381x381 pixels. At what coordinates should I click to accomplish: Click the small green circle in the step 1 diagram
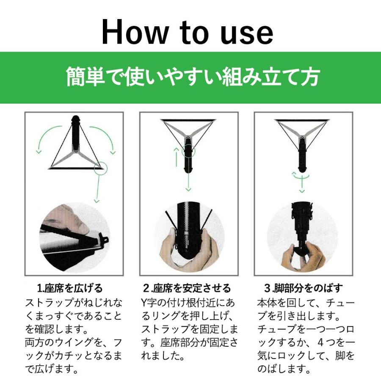pyautogui.click(x=101, y=168)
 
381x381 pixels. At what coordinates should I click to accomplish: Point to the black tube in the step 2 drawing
pyautogui.click(x=188, y=159)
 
